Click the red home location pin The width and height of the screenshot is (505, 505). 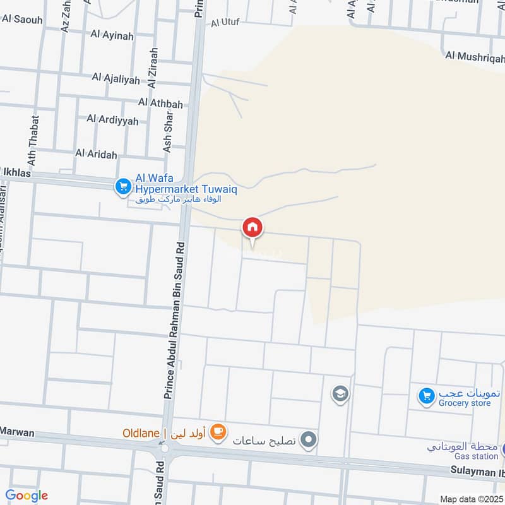(x=252, y=227)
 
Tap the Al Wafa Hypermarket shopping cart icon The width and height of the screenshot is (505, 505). (x=122, y=186)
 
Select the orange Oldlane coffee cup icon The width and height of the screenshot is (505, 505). (x=218, y=432)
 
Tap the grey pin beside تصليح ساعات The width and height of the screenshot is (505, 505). (x=308, y=439)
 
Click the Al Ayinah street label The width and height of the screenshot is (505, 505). (x=113, y=36)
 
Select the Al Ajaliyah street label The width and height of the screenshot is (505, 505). (x=115, y=78)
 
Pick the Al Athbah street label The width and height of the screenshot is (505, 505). (x=160, y=103)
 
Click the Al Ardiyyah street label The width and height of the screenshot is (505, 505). (x=112, y=119)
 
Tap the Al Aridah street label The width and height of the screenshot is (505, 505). (x=96, y=153)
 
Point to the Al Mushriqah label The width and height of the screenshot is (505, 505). (x=475, y=57)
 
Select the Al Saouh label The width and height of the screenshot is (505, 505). (x=22, y=20)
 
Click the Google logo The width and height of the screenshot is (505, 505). (x=27, y=496)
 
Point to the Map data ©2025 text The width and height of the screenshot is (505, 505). (x=471, y=499)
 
